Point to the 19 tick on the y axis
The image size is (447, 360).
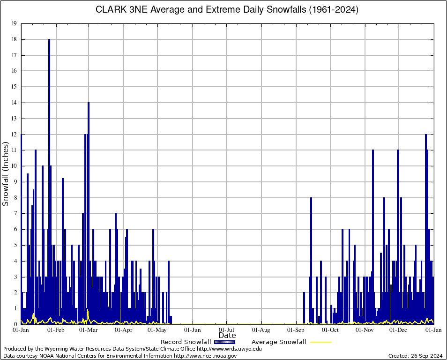click(14, 23)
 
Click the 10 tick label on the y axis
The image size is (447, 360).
click(14, 166)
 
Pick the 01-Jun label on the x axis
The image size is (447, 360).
click(192, 330)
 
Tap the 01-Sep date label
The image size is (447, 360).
click(296, 330)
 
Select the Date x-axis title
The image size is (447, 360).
click(227, 336)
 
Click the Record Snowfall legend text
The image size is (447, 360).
click(186, 342)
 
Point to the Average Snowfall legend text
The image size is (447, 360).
click(279, 342)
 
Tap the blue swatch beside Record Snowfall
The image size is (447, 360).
click(225, 342)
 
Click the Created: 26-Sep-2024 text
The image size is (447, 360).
click(416, 356)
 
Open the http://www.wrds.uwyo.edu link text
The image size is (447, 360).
click(229, 349)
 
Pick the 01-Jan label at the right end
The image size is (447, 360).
click(433, 330)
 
